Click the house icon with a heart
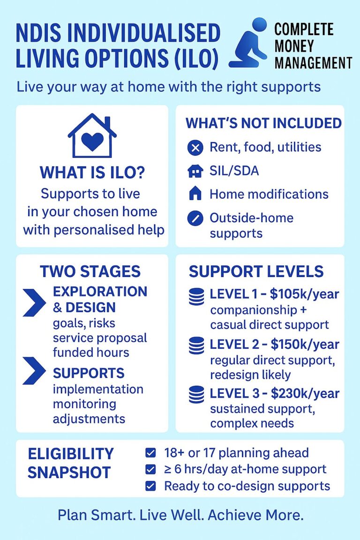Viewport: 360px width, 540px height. (92, 135)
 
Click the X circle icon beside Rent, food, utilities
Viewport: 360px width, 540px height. (195, 148)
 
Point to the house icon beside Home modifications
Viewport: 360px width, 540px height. (195, 194)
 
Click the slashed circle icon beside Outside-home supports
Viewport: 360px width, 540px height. (195, 218)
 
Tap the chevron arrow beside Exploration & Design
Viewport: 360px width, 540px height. (34, 302)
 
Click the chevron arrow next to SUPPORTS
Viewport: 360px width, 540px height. (34, 371)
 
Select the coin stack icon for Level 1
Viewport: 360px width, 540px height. (196, 297)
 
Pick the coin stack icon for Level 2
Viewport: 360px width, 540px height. (196, 346)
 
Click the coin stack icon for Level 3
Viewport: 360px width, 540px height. (196, 395)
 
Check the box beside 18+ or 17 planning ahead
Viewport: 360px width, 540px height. (150, 453)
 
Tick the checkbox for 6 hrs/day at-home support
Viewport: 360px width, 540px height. (150, 469)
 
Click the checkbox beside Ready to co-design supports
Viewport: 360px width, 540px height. (150, 486)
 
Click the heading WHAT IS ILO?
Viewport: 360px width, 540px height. (92, 172)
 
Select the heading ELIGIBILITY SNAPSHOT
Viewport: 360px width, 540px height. (71, 463)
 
